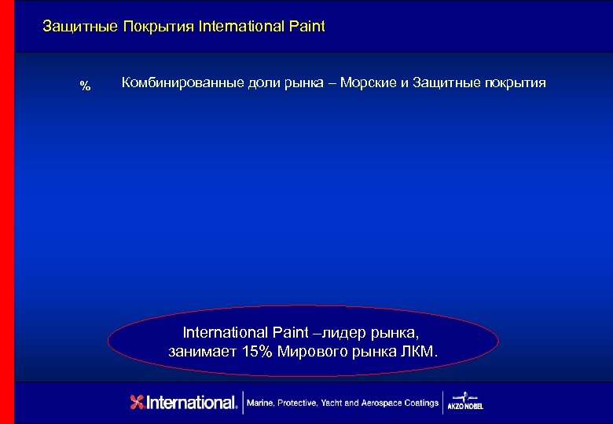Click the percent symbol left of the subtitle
pyautogui.click(x=86, y=86)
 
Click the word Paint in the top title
pyautogui.click(x=306, y=27)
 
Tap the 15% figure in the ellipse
pyautogui.click(x=256, y=351)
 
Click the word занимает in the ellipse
pyautogui.click(x=202, y=351)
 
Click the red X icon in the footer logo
pyautogui.click(x=138, y=402)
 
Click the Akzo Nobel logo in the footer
pyautogui.click(x=465, y=401)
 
